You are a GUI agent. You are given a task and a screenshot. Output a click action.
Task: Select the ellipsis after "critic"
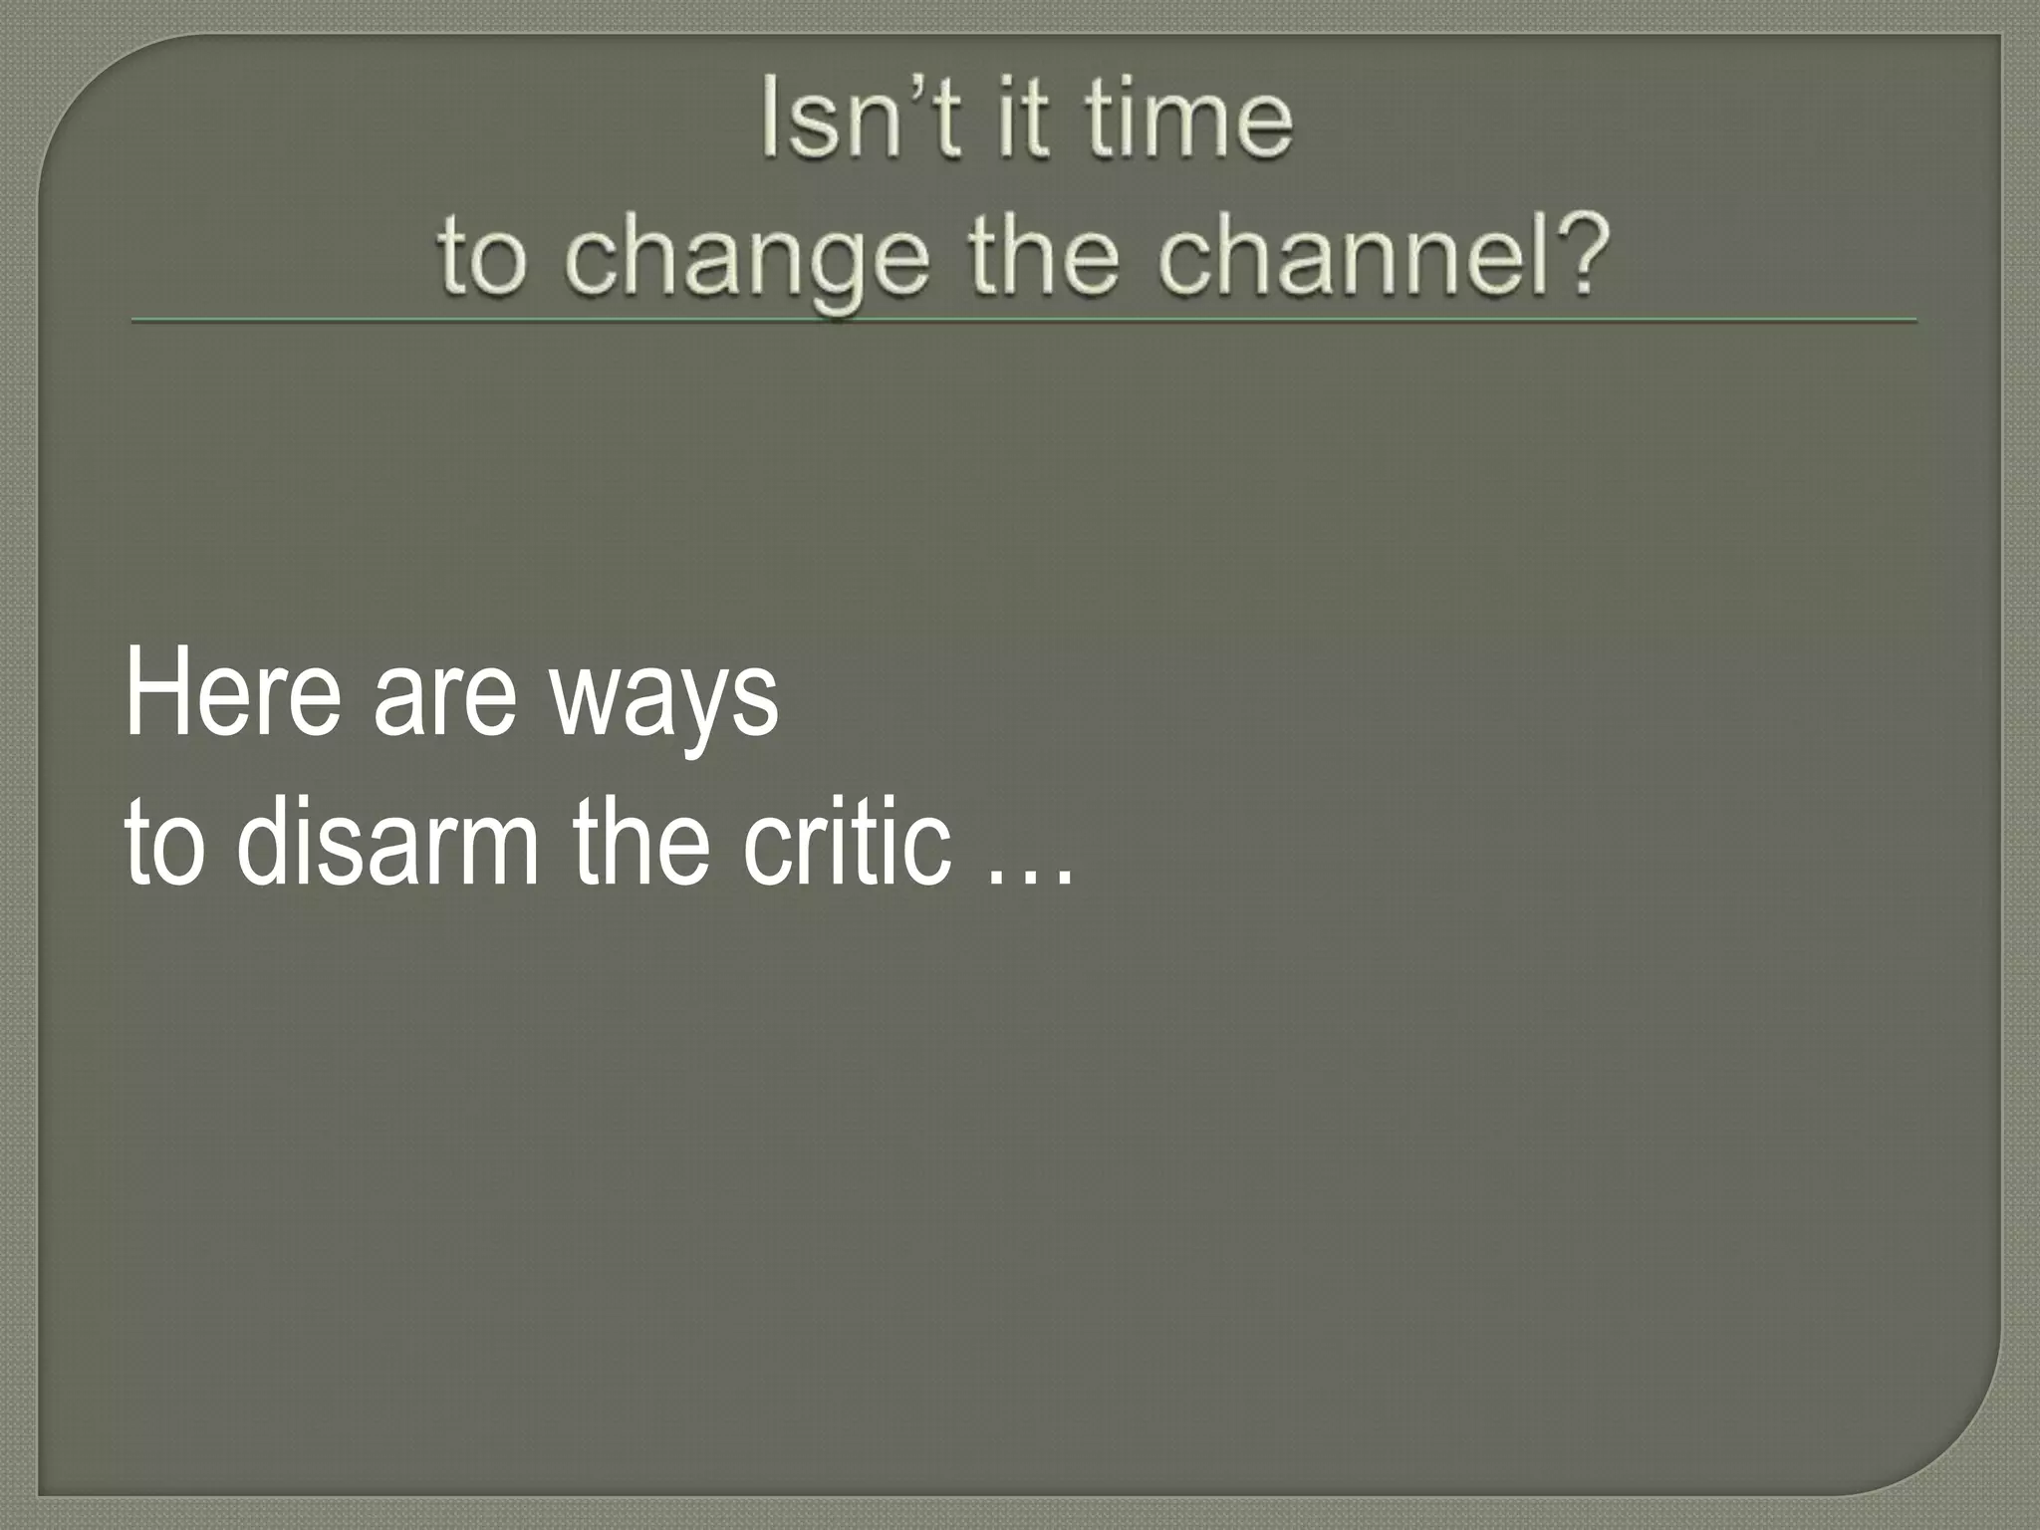(1031, 877)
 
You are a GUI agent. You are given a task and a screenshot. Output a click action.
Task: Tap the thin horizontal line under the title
(1023, 321)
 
